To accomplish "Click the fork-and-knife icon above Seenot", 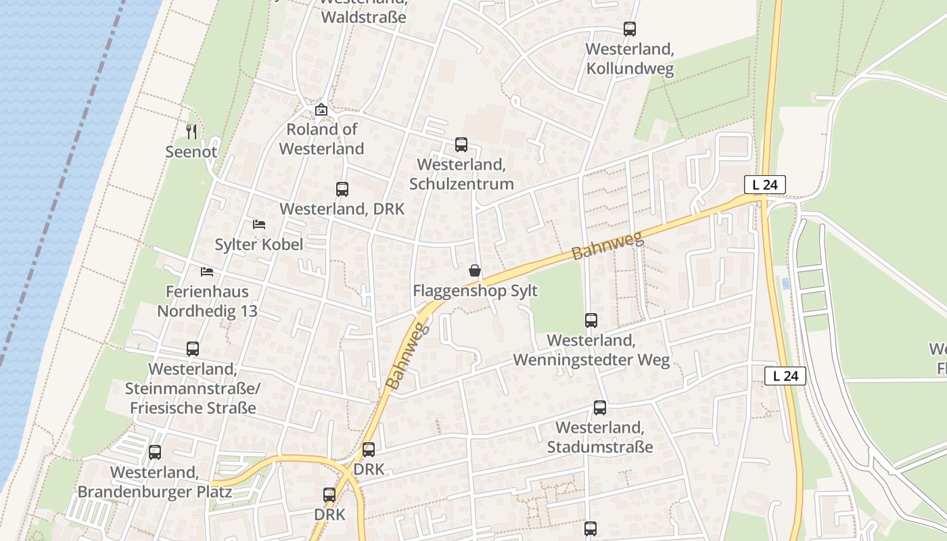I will pyautogui.click(x=191, y=131).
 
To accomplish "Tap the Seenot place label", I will pyautogui.click(x=191, y=151).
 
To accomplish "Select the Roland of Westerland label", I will pyautogui.click(x=321, y=139).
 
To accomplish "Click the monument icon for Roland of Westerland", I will pyautogui.click(x=321, y=109).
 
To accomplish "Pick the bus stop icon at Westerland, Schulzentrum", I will pyautogui.click(x=461, y=144).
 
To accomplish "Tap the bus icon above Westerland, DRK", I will pyautogui.click(x=342, y=189).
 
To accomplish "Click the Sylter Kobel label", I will pyautogui.click(x=259, y=244).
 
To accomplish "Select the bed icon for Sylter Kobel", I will pyautogui.click(x=259, y=224).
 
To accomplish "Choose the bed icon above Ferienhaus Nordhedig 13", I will pyautogui.click(x=207, y=272).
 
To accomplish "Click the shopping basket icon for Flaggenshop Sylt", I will pyautogui.click(x=475, y=270).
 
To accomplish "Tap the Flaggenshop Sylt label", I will pyautogui.click(x=475, y=291).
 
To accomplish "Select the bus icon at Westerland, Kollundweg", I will pyautogui.click(x=630, y=29).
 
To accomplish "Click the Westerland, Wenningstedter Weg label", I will pyautogui.click(x=591, y=350).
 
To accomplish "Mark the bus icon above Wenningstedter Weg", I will pyautogui.click(x=591, y=320).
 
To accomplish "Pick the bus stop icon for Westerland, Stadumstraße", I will pyautogui.click(x=600, y=408).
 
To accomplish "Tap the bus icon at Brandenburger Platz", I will pyautogui.click(x=155, y=452).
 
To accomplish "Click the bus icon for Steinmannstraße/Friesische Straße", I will pyautogui.click(x=193, y=349).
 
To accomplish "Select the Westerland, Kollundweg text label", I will pyautogui.click(x=630, y=59).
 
